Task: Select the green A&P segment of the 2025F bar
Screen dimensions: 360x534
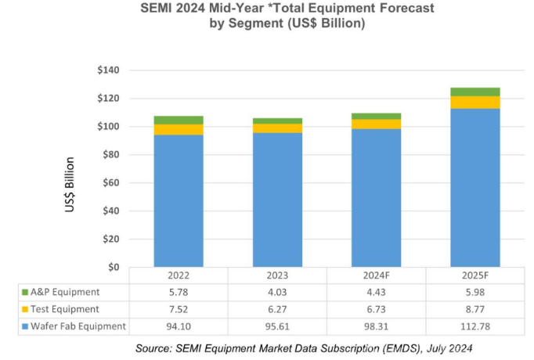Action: pyautogui.click(x=474, y=92)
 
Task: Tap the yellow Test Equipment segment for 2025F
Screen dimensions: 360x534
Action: pyautogui.click(x=474, y=103)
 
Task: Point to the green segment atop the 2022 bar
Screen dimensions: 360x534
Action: pyautogui.click(x=179, y=120)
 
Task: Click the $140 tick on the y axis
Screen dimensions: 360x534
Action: pyautogui.click(x=108, y=70)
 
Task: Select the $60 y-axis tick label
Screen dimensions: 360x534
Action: pyautogui.click(x=111, y=183)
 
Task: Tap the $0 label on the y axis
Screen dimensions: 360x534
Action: pyautogui.click(x=114, y=267)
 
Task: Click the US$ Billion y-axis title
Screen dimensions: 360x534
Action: pyautogui.click(x=70, y=186)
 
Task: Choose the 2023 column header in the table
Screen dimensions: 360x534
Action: pyautogui.click(x=277, y=275)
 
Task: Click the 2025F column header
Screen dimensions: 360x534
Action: pyautogui.click(x=474, y=275)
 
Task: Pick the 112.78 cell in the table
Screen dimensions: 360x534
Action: pyautogui.click(x=474, y=326)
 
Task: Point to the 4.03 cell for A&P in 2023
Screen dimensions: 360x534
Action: pyautogui.click(x=277, y=292)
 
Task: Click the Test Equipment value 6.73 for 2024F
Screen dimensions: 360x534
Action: pyautogui.click(x=376, y=308)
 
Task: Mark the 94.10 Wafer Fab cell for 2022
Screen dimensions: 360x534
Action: pyautogui.click(x=179, y=326)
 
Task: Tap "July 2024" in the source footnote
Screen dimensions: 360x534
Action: pyautogui.click(x=447, y=346)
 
